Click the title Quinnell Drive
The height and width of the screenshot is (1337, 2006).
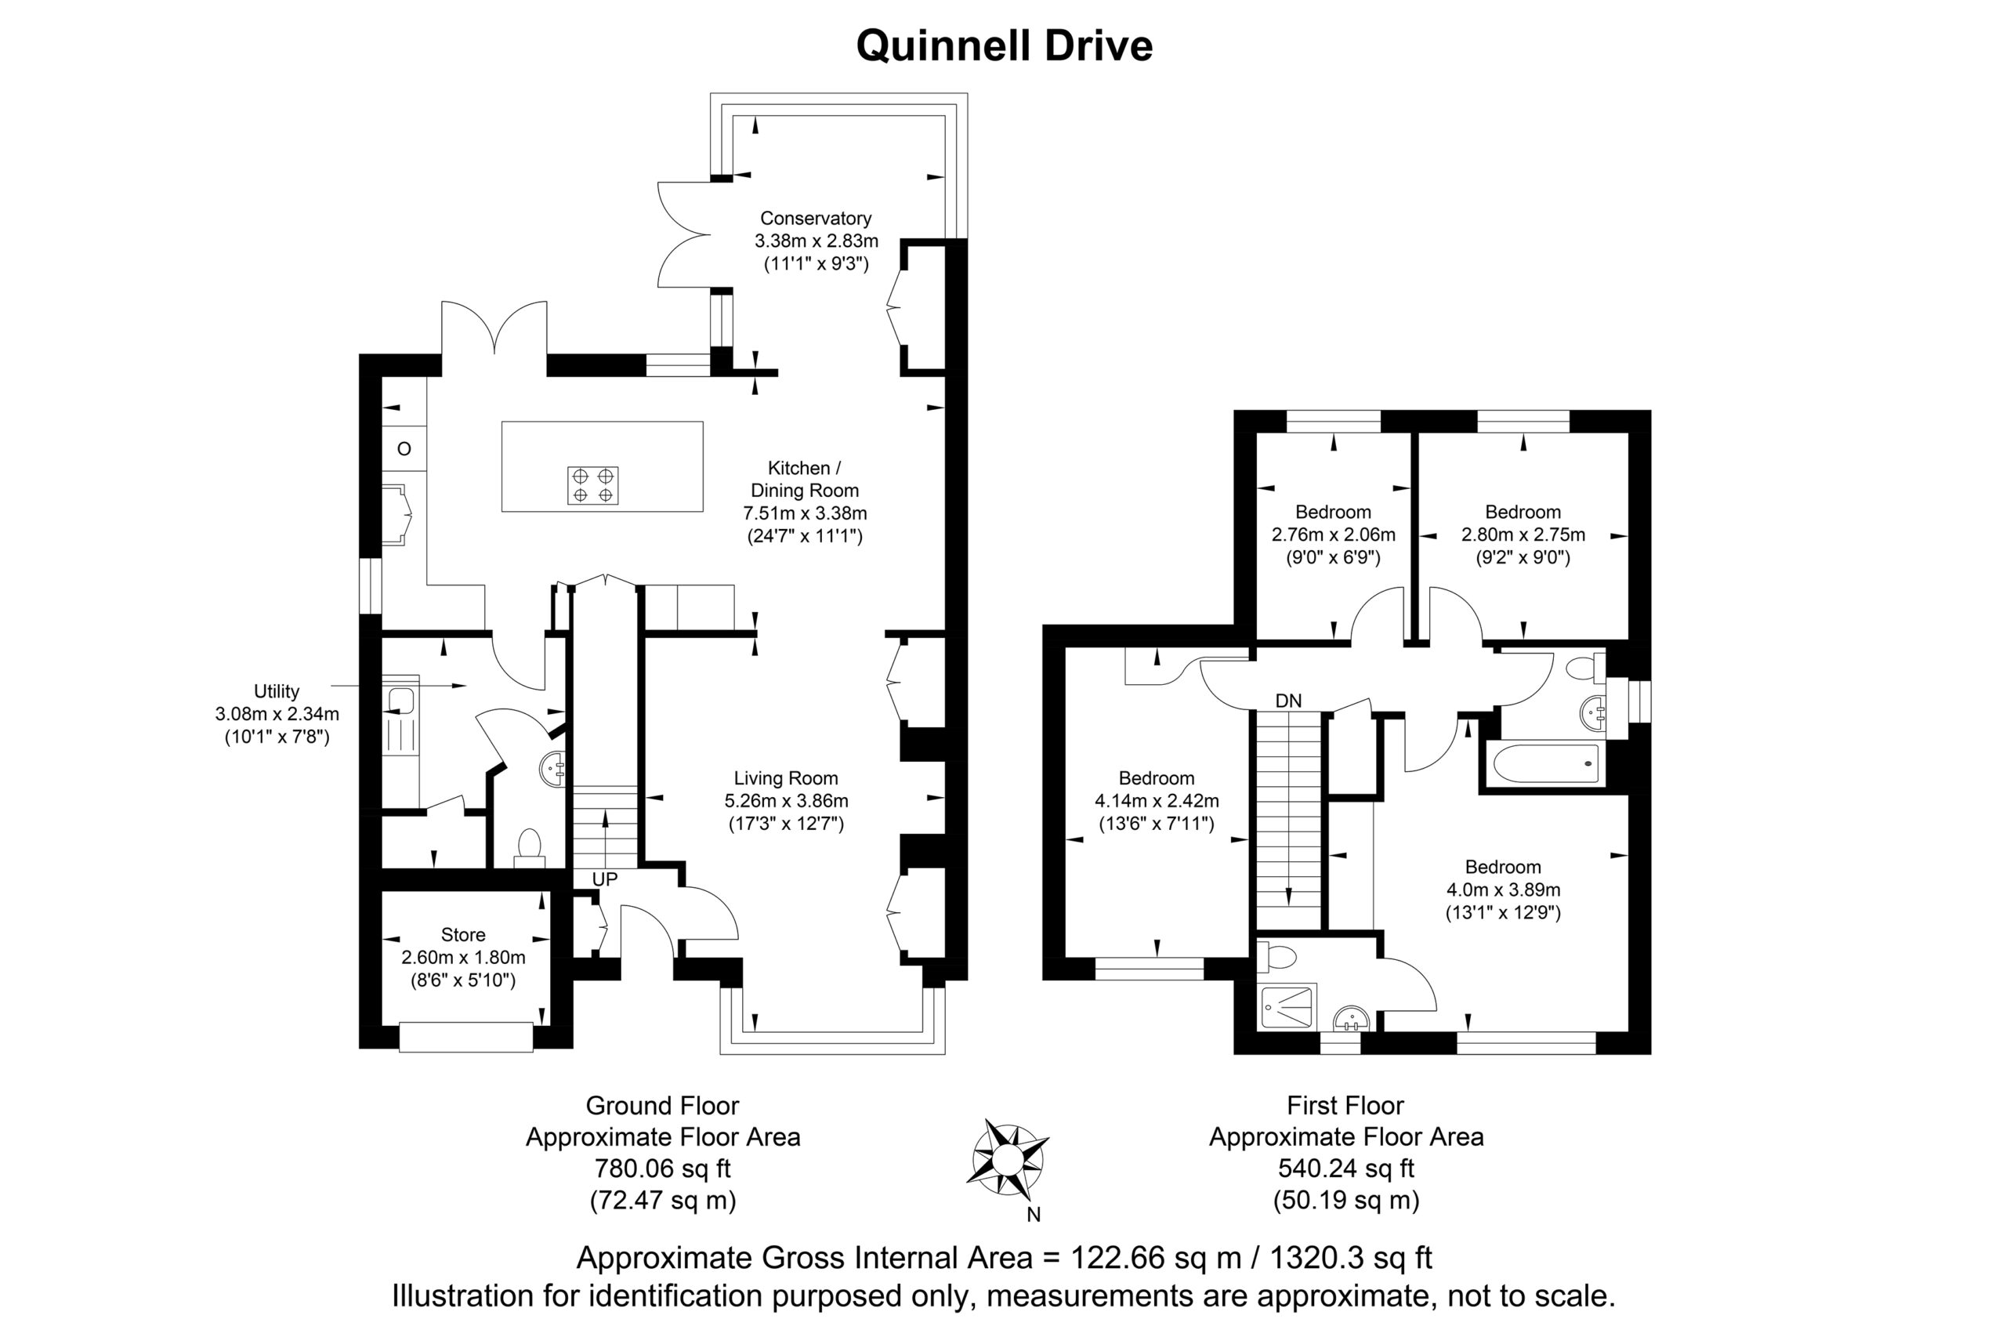[1004, 46]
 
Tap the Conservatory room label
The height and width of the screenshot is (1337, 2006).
[816, 219]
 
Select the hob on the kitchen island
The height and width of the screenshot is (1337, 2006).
[592, 485]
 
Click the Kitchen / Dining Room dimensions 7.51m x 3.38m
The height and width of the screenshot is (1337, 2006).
[805, 513]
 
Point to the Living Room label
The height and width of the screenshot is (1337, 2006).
[786, 778]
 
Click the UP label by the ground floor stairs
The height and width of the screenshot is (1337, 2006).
[604, 879]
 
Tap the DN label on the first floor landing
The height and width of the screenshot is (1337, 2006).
[1288, 701]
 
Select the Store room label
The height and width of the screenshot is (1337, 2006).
[463, 934]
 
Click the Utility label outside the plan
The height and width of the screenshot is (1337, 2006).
[277, 691]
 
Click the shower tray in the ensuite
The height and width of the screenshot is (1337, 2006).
[1287, 1007]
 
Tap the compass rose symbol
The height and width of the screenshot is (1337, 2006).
[1007, 1159]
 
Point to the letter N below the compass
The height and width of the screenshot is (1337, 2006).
[1034, 1214]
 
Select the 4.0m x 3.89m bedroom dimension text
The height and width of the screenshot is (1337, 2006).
[1502, 890]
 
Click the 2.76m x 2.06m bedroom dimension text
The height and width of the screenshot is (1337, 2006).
[1334, 534]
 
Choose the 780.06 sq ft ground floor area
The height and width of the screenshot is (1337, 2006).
[662, 1169]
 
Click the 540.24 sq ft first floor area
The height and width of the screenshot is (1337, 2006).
[1346, 1169]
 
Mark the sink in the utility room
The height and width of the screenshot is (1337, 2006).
[400, 701]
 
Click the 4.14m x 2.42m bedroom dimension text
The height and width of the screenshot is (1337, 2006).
[1156, 801]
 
